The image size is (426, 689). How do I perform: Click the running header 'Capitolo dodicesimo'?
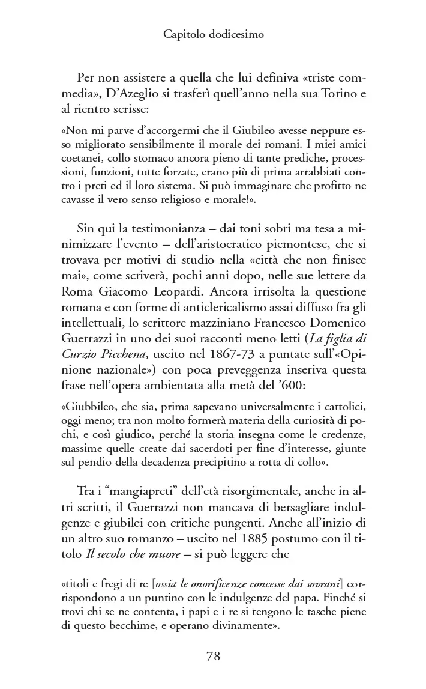pos(213,35)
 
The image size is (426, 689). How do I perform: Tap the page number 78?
pos(213,656)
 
